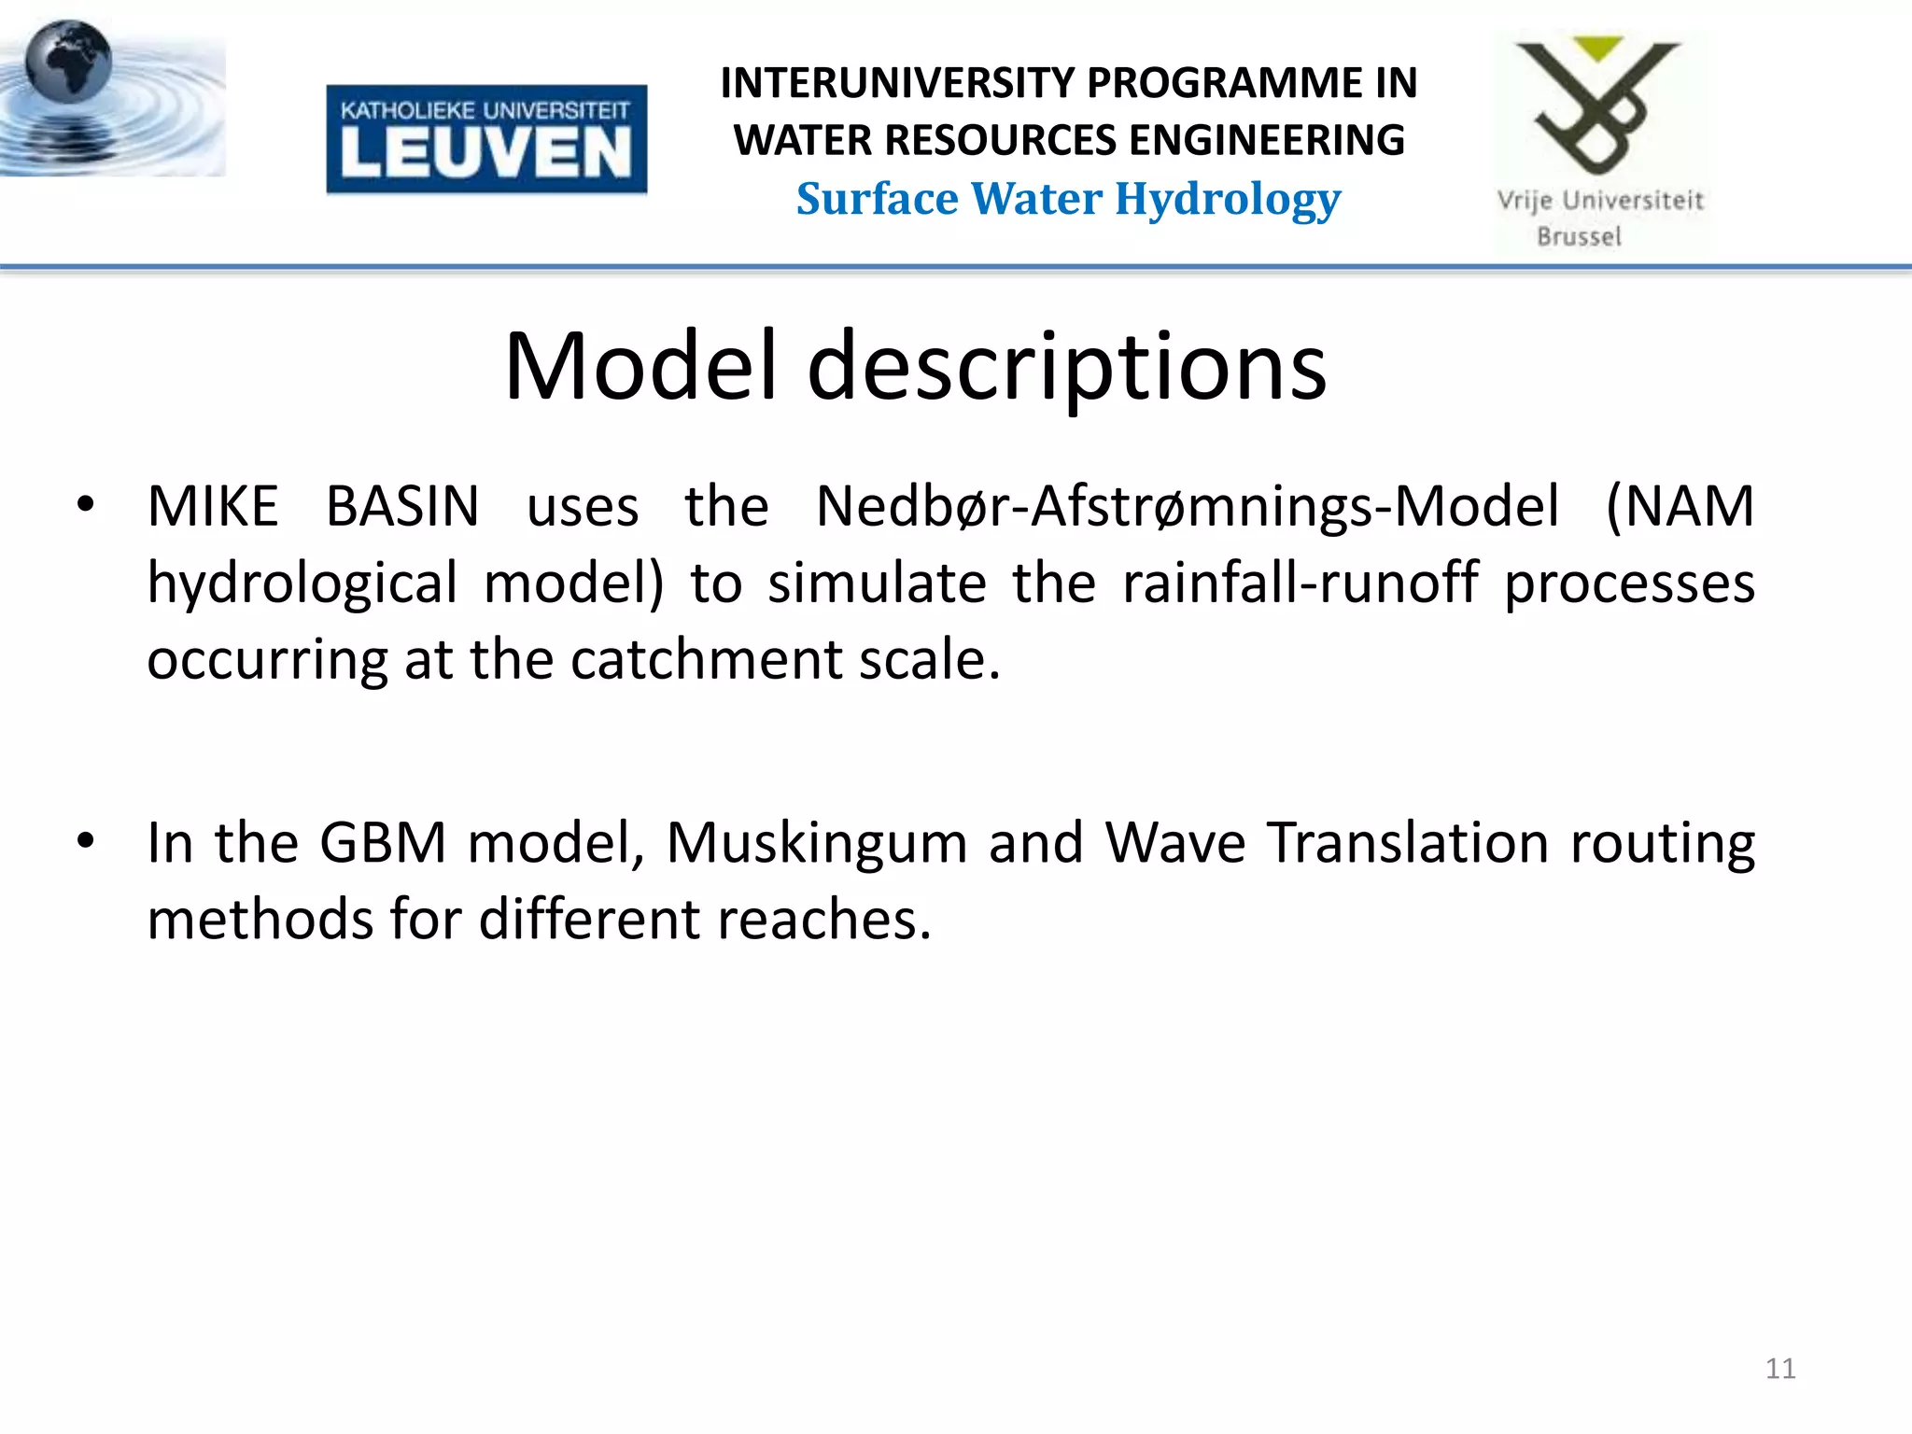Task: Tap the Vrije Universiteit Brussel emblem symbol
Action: coord(1598,103)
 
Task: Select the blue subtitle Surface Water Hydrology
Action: coord(1068,200)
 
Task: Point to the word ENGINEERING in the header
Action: coord(1266,141)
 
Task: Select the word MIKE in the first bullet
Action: coord(213,507)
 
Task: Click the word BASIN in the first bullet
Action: coord(402,507)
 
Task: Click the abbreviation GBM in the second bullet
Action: coord(383,843)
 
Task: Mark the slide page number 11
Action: coord(1780,1369)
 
